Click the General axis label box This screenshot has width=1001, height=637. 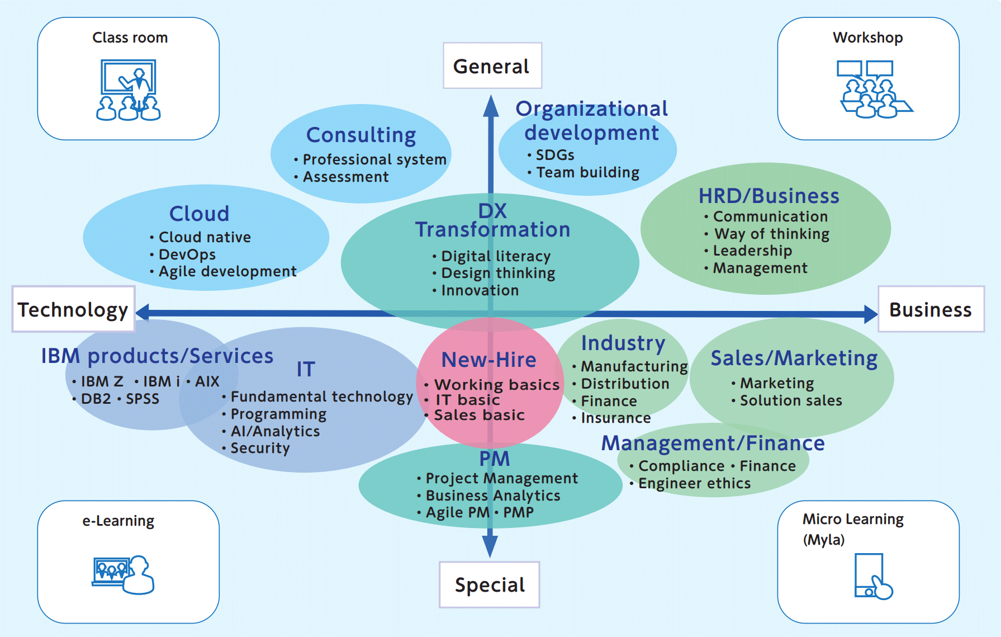pyautogui.click(x=492, y=66)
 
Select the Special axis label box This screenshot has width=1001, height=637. pyautogui.click(x=490, y=584)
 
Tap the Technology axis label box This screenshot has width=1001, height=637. pyautogui.click(x=73, y=309)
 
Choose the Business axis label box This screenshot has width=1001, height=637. pyautogui.click(x=931, y=309)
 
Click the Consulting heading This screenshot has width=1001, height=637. pyautogui.click(x=361, y=135)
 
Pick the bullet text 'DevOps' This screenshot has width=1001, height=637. pyautogui.click(x=187, y=254)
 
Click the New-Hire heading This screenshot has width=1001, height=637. pyautogui.click(x=489, y=360)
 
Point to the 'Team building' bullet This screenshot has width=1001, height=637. pyautogui.click(x=587, y=172)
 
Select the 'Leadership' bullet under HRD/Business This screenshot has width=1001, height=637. pyautogui.click(x=752, y=251)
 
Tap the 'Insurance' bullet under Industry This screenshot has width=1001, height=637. pyautogui.click(x=615, y=418)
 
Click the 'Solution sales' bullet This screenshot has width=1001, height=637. pyautogui.click(x=791, y=400)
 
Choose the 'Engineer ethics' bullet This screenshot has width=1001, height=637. pyautogui.click(x=694, y=483)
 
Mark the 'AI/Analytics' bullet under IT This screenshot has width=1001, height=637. pyautogui.click(x=275, y=431)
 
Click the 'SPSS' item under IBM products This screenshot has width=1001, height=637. pyautogui.click(x=142, y=399)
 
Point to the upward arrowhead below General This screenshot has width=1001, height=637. pyautogui.click(x=491, y=106)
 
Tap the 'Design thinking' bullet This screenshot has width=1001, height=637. pyautogui.click(x=498, y=273)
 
